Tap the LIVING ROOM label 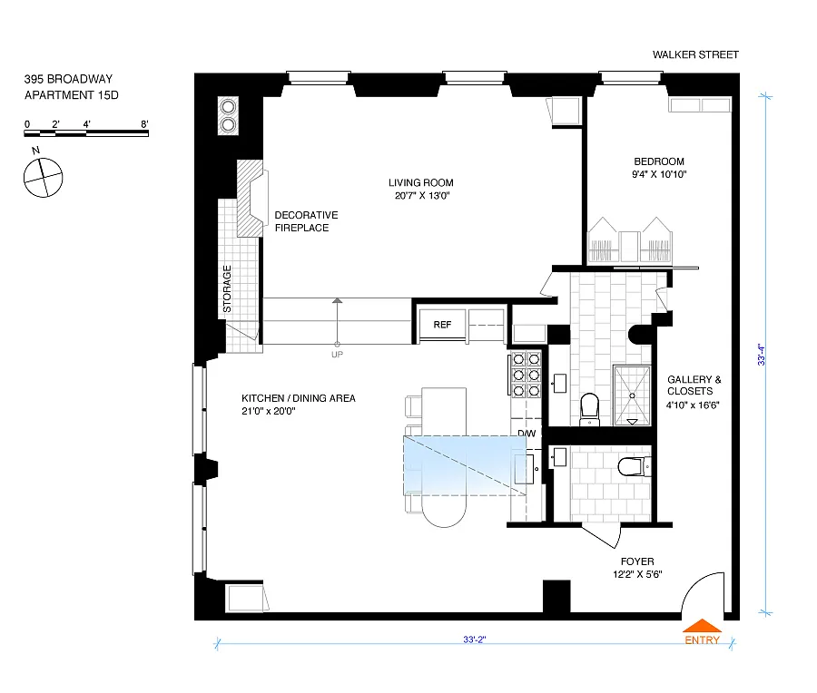(421, 182)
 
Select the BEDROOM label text (659, 161)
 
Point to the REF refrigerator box (442, 325)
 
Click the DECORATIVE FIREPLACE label (307, 221)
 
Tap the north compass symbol (44, 178)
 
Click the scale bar (86, 133)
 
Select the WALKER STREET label (695, 54)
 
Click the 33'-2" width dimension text (475, 639)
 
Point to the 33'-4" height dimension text (762, 355)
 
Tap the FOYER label (637, 561)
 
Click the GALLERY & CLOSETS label (694, 386)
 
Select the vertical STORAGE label (227, 289)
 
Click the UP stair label (337, 355)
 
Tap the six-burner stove (526, 375)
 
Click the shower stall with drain (632, 395)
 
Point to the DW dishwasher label (527, 434)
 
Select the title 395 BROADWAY (68, 79)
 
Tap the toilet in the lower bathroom (632, 466)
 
